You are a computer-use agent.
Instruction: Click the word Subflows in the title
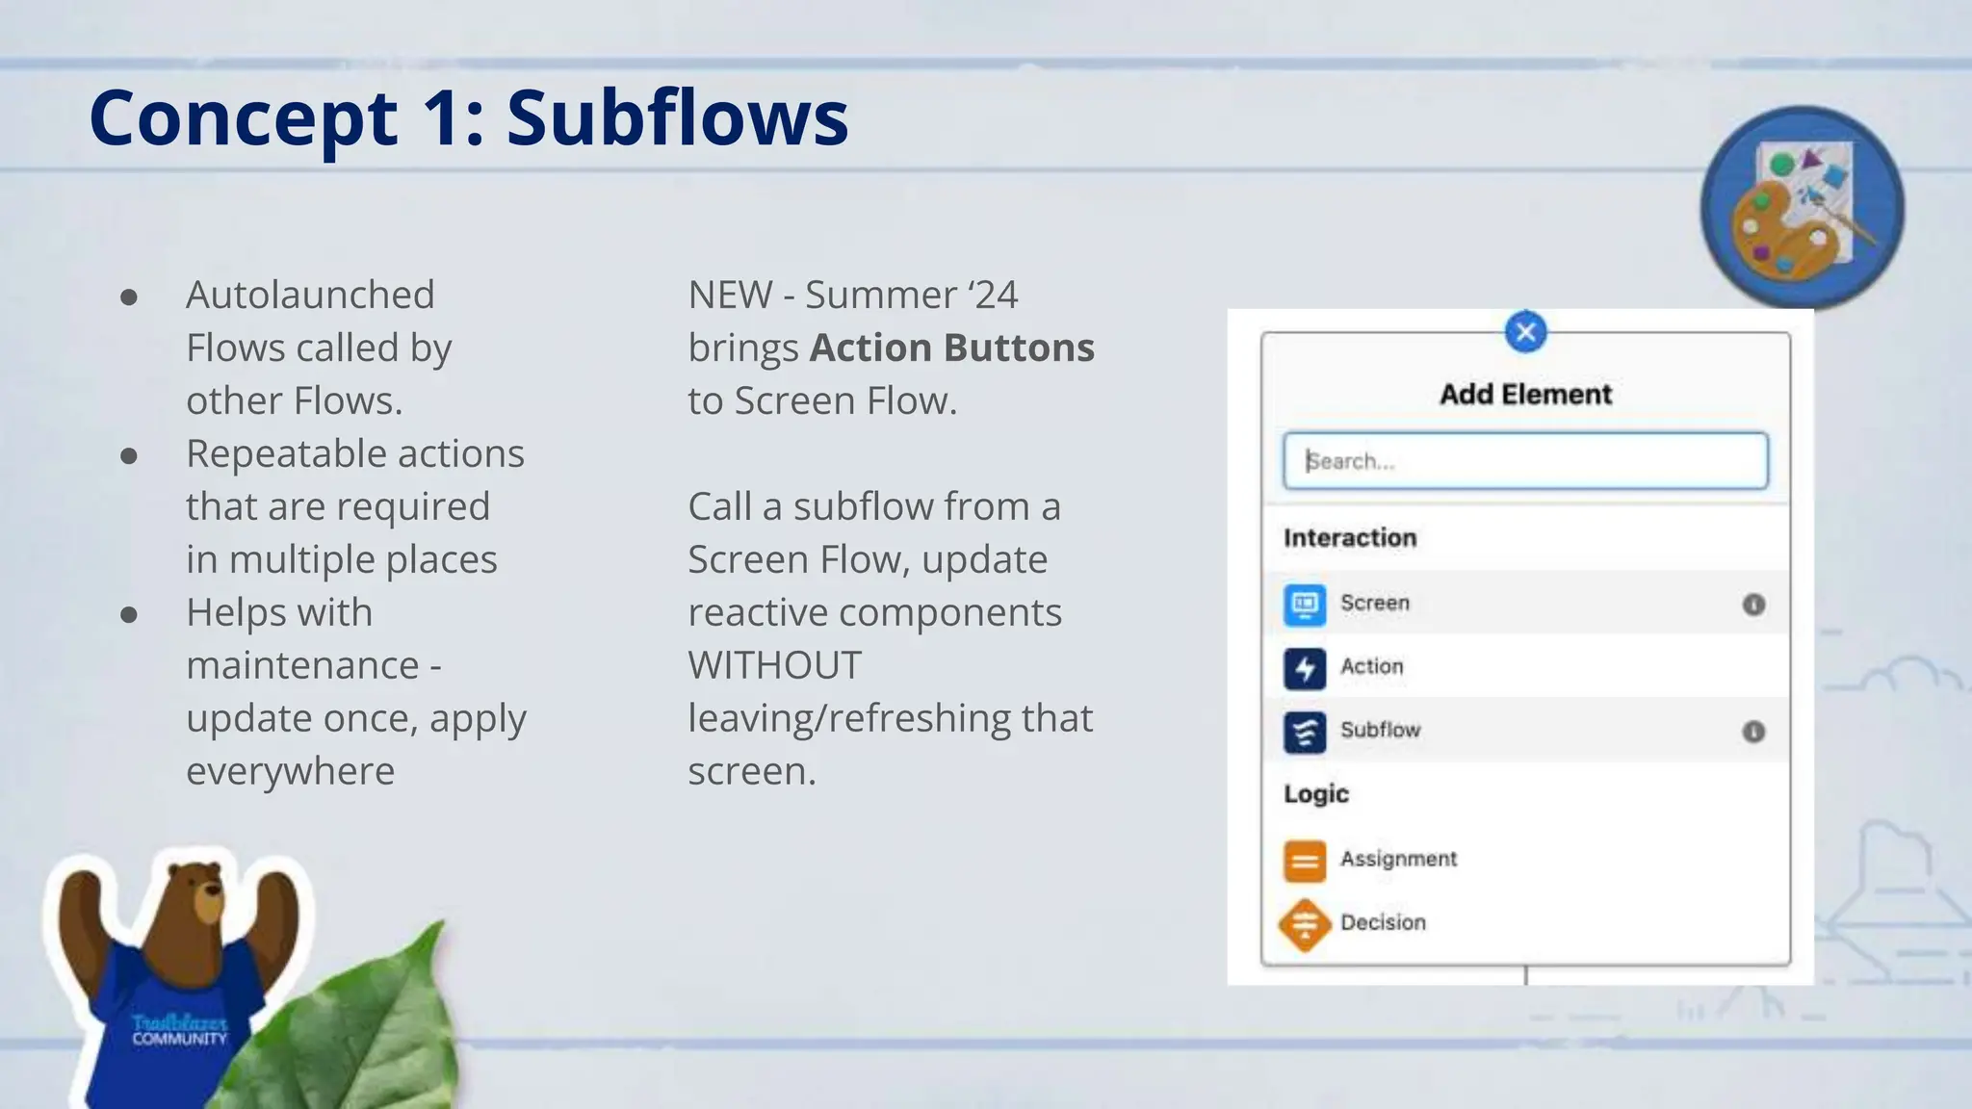click(x=677, y=118)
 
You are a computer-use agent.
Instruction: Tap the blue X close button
click(x=1525, y=333)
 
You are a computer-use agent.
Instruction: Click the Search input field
click(x=1525, y=461)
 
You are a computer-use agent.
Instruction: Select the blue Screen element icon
click(x=1305, y=604)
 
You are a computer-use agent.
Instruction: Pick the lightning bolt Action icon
click(x=1305, y=667)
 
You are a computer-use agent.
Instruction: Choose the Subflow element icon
click(x=1305, y=731)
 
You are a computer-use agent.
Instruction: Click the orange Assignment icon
click(x=1305, y=860)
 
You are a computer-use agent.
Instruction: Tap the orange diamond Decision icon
click(x=1305, y=924)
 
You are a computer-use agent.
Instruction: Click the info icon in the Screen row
click(x=1753, y=605)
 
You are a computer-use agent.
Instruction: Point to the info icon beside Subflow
click(x=1753, y=732)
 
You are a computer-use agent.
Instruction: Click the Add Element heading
click(x=1525, y=395)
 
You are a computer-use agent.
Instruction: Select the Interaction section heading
click(x=1350, y=538)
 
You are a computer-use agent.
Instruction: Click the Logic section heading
click(x=1316, y=794)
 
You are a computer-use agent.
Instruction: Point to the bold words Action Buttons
click(x=951, y=348)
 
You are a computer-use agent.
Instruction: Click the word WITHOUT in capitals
click(x=774, y=665)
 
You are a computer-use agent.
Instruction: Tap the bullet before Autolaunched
click(x=129, y=297)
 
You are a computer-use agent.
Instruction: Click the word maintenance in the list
click(x=302, y=665)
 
